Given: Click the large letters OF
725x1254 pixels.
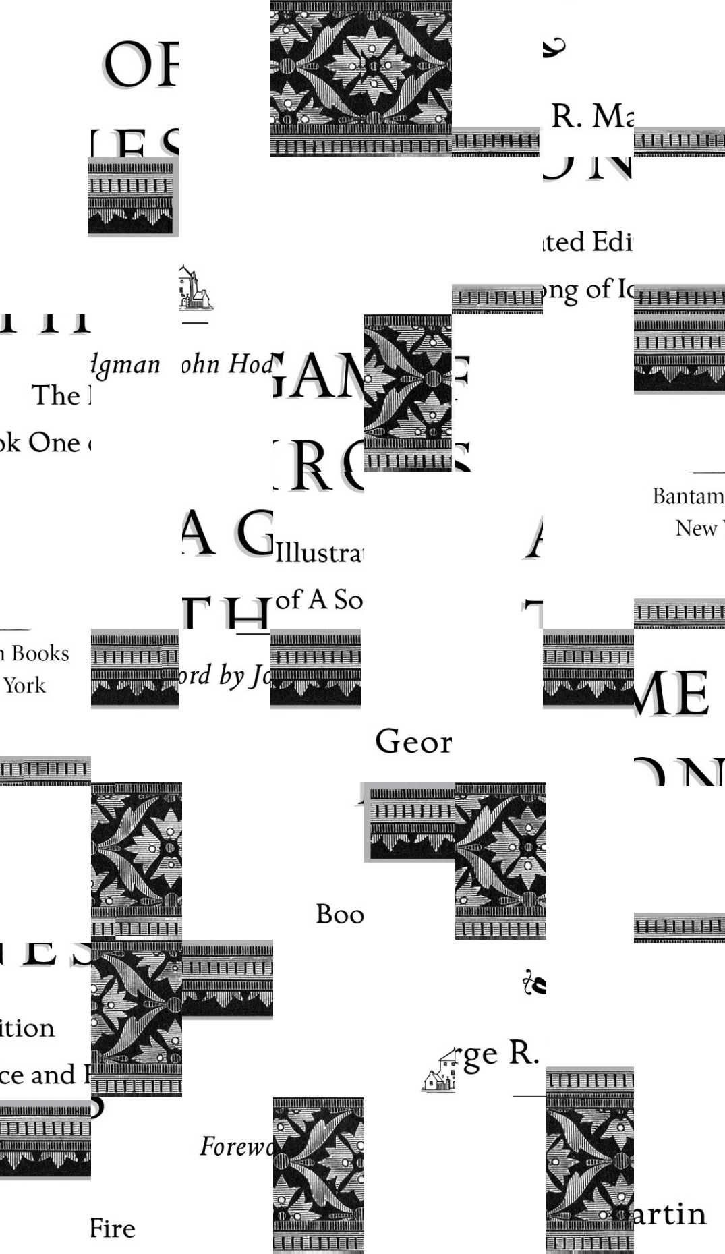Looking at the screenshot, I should [140, 65].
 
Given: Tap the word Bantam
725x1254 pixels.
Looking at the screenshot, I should [687, 496].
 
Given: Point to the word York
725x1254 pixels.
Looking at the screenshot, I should [24, 686].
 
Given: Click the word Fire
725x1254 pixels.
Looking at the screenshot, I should [113, 1229].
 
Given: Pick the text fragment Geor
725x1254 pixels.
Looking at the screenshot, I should [413, 742].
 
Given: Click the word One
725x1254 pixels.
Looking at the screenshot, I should [54, 443].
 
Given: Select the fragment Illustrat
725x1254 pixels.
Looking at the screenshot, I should [319, 554].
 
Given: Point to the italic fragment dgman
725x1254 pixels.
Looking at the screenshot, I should [126, 365].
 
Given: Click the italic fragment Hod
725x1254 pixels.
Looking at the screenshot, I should [250, 364].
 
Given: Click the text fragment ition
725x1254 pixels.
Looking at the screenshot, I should [27, 1028].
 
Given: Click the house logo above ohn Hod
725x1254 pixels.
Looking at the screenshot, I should [194, 288].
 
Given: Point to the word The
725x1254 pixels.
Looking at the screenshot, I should [56, 396].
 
